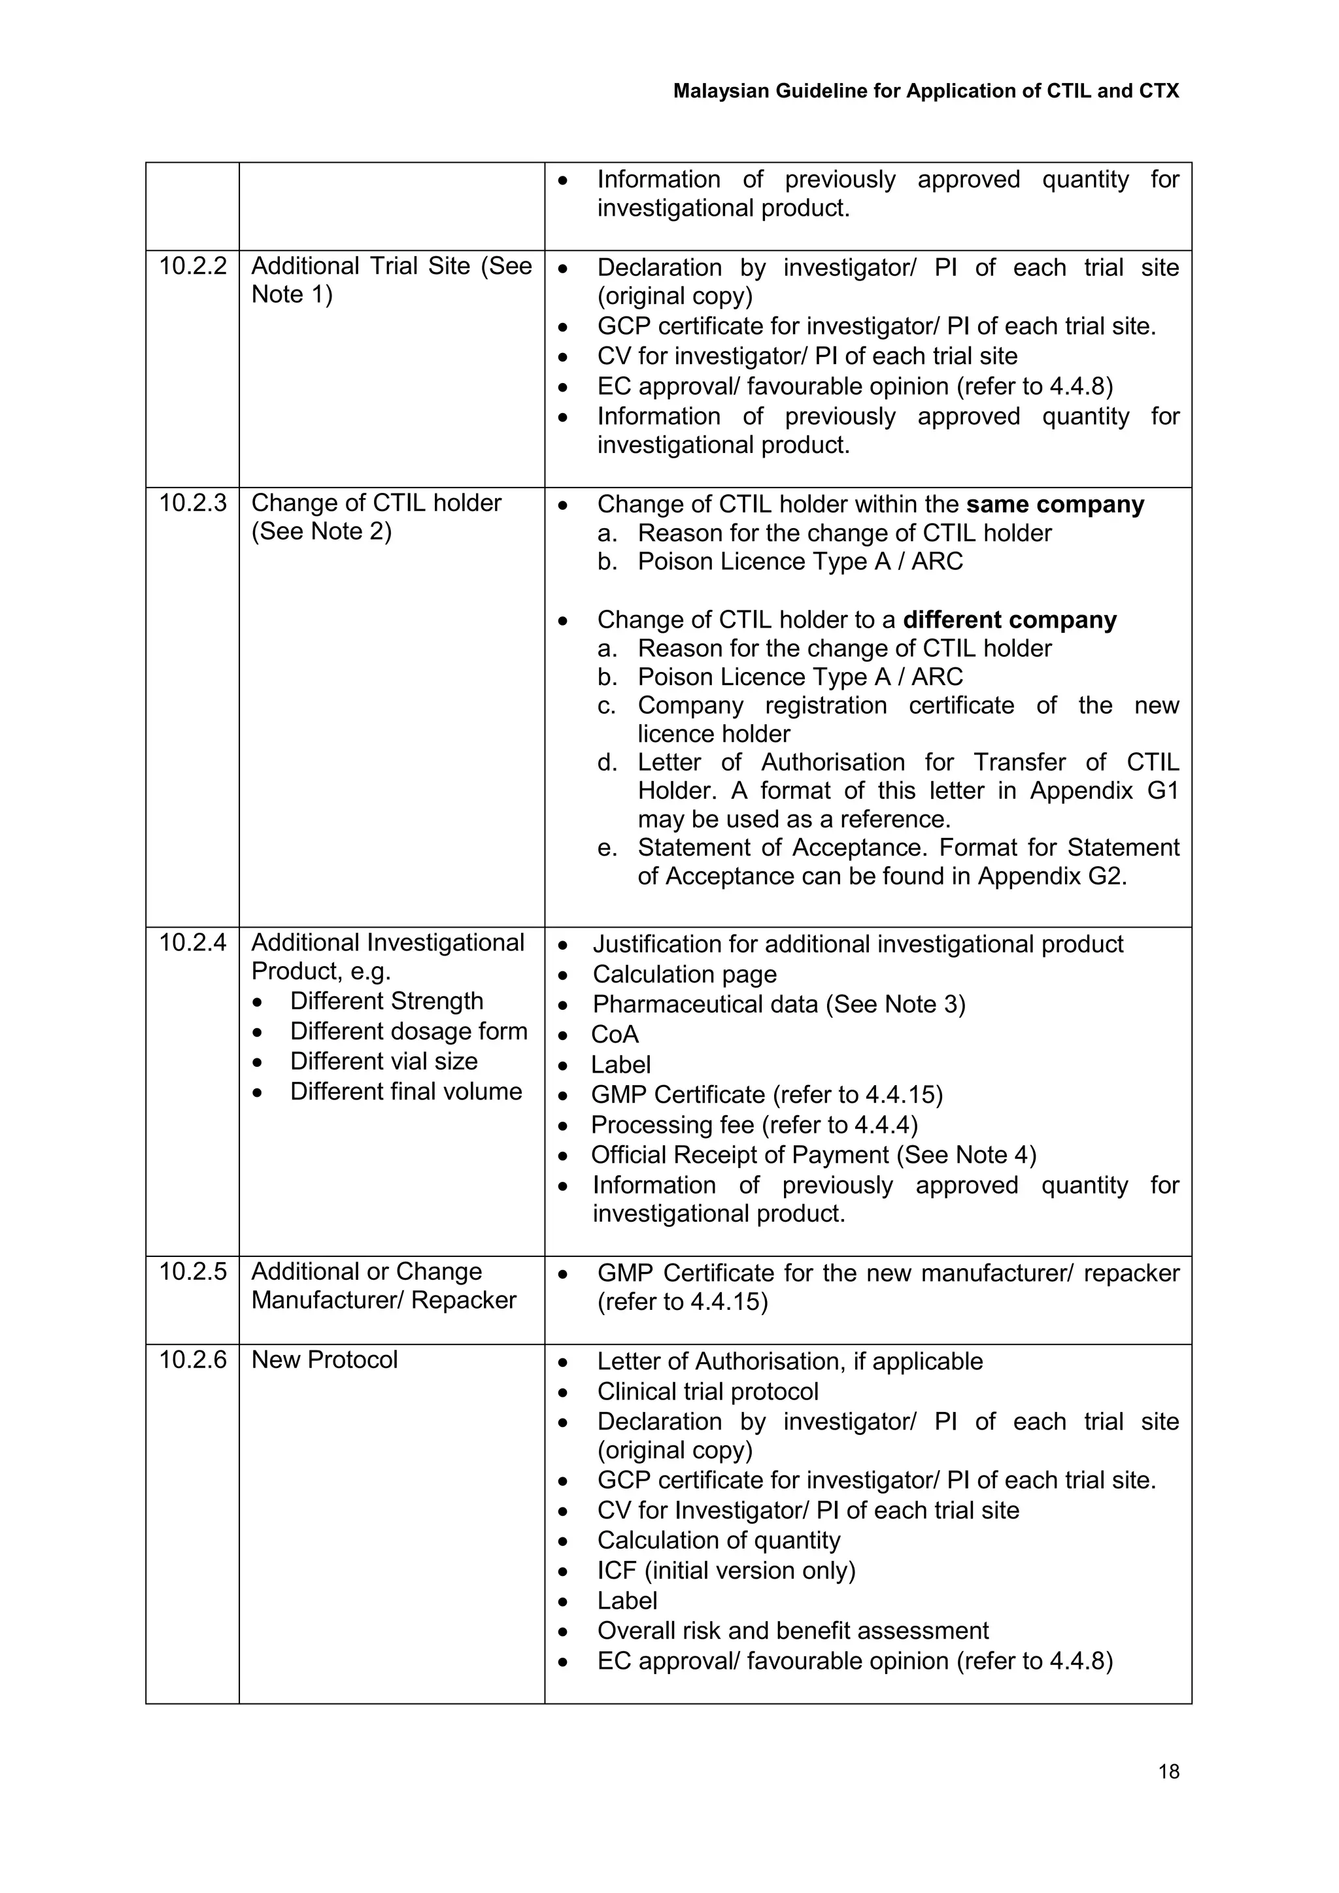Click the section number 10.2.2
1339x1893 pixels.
192,266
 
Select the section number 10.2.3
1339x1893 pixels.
192,503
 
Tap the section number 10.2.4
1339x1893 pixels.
192,943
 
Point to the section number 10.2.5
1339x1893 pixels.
192,1271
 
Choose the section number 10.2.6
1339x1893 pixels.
192,1360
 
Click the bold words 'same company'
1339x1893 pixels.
1055,505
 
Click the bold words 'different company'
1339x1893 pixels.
1009,620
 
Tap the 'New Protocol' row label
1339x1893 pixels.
324,1360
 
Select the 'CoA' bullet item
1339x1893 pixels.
615,1035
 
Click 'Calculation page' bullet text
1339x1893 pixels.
685,975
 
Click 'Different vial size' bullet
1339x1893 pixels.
383,1061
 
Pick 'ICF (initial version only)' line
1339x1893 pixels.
726,1571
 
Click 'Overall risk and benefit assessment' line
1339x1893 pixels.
792,1631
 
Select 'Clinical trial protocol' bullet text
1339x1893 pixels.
707,1392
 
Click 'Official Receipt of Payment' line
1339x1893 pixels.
813,1155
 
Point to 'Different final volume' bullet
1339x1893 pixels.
405,1092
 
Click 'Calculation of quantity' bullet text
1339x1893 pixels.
718,1540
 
